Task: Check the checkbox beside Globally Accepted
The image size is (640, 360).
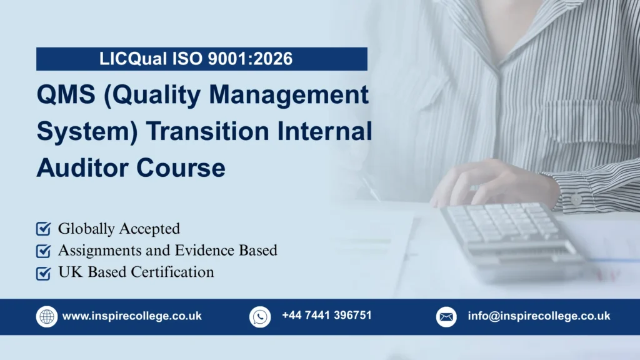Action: click(x=43, y=229)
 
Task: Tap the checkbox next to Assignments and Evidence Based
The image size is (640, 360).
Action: click(x=43, y=251)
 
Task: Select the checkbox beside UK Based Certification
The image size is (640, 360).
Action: click(x=43, y=272)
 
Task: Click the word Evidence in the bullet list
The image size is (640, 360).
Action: click(x=202, y=251)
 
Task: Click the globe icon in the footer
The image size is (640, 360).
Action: click(x=47, y=316)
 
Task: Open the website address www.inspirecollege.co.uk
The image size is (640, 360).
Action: click(x=132, y=316)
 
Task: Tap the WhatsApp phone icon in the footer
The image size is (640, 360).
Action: click(x=260, y=316)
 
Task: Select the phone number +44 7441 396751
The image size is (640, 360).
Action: click(x=326, y=316)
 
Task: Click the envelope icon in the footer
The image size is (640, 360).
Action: click(x=446, y=316)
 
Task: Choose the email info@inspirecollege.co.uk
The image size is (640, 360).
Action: click(x=539, y=316)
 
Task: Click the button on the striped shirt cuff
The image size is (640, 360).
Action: click(x=576, y=199)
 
